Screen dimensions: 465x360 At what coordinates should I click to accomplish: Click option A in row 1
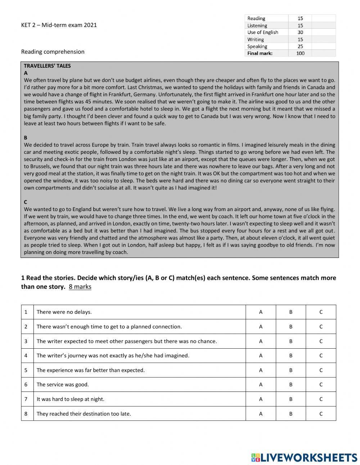point(261,312)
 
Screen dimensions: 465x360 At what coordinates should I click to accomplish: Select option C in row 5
point(321,370)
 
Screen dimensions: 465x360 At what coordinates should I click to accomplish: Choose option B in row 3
point(291,341)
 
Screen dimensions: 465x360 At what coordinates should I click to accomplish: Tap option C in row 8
point(321,413)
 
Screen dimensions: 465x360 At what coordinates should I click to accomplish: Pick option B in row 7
point(291,399)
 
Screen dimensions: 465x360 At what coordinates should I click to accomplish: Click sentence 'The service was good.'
point(63,384)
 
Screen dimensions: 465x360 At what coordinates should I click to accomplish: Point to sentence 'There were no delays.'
point(64,312)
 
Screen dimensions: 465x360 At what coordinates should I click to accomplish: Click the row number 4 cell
point(26,356)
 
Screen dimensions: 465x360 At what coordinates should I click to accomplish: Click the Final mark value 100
point(300,53)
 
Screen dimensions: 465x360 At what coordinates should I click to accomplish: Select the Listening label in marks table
point(257,26)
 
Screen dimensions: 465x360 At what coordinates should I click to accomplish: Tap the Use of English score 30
point(300,32)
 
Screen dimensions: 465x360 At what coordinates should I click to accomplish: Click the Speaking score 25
point(300,46)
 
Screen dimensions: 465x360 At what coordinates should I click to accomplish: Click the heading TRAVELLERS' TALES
point(47,66)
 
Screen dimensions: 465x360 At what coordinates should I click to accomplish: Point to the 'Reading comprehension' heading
point(53,52)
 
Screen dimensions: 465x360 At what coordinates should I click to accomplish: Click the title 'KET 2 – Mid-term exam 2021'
point(59,25)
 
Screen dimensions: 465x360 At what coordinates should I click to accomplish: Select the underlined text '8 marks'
point(80,287)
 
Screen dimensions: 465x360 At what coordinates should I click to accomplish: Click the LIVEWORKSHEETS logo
point(304,457)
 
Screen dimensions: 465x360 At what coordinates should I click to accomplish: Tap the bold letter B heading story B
point(26,138)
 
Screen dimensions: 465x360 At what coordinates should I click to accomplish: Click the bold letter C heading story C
point(26,202)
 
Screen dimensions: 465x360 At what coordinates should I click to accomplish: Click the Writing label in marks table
point(255,40)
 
